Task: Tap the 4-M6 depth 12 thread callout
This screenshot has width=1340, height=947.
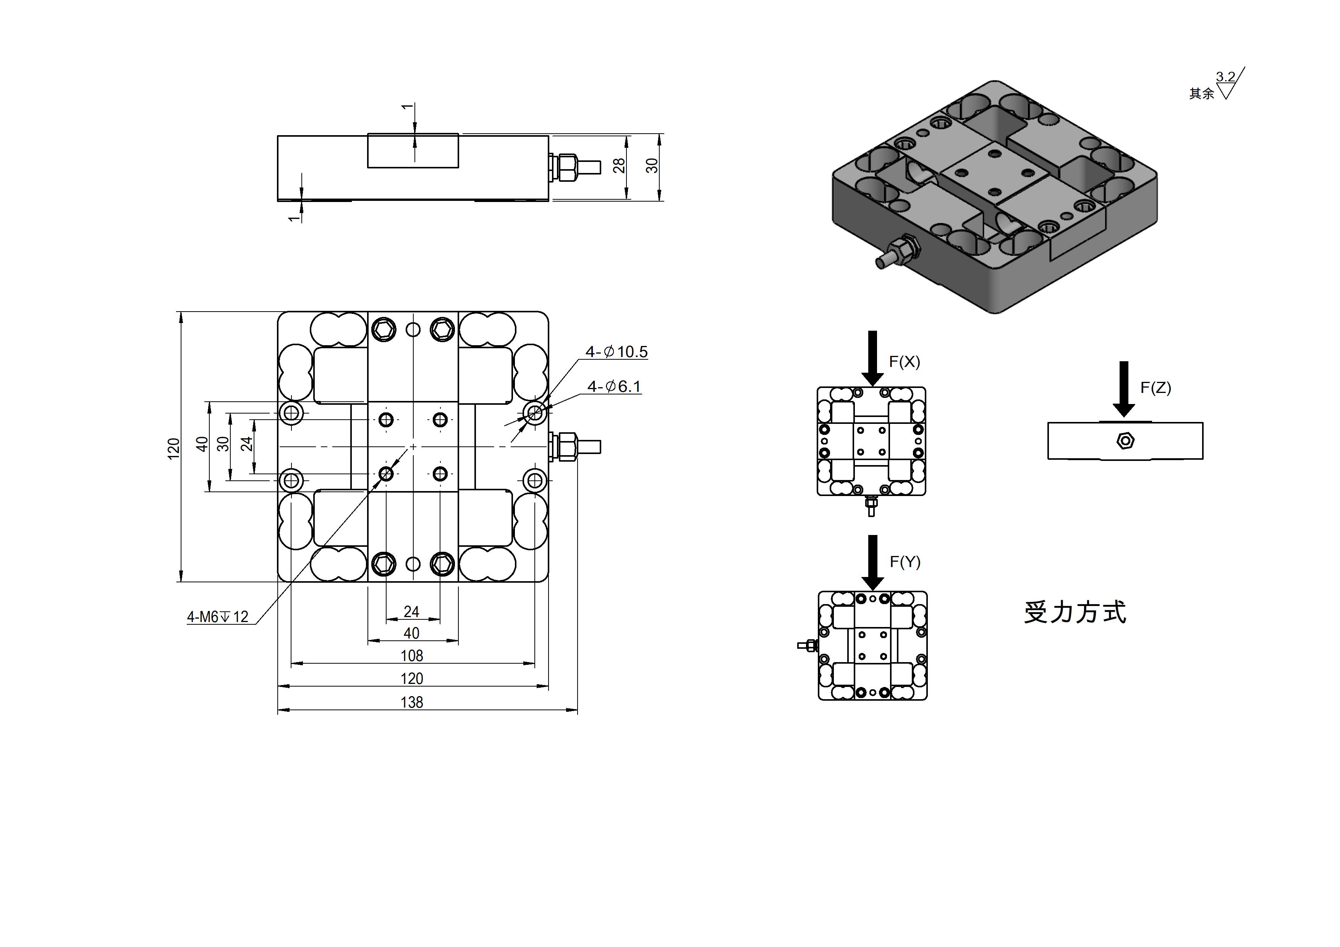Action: [x=218, y=617]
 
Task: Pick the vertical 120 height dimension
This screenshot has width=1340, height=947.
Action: [x=174, y=448]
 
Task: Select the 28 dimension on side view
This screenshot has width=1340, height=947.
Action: [x=619, y=166]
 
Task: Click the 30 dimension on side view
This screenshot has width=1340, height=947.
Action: [x=652, y=166]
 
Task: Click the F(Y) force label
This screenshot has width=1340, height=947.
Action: [x=905, y=562]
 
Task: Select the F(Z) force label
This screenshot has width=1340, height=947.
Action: [x=1156, y=388]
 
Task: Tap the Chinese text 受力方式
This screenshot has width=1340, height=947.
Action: [x=1075, y=612]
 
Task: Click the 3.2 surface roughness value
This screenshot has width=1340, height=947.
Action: [x=1225, y=77]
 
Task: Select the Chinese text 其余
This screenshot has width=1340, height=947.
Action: [x=1202, y=93]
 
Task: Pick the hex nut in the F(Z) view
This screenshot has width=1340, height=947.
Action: [x=1125, y=441]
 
